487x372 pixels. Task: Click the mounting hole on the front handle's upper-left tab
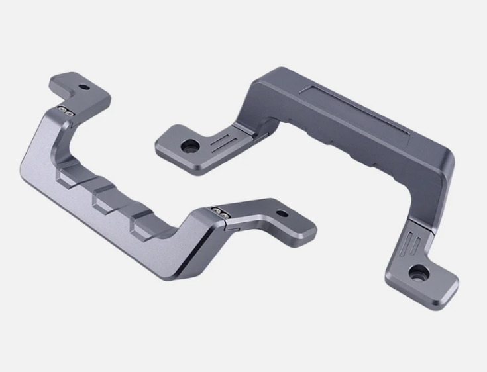coord(85,87)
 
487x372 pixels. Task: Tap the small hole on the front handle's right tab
coord(282,214)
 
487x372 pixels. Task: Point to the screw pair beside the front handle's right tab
coord(219,212)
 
